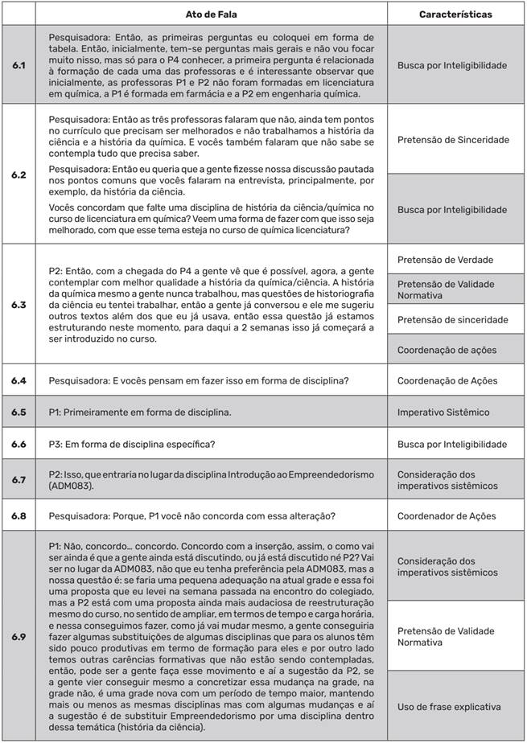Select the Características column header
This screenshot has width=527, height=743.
[455, 14]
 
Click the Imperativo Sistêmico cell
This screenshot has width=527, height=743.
[443, 413]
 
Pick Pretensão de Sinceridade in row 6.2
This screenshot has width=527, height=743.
[453, 140]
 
